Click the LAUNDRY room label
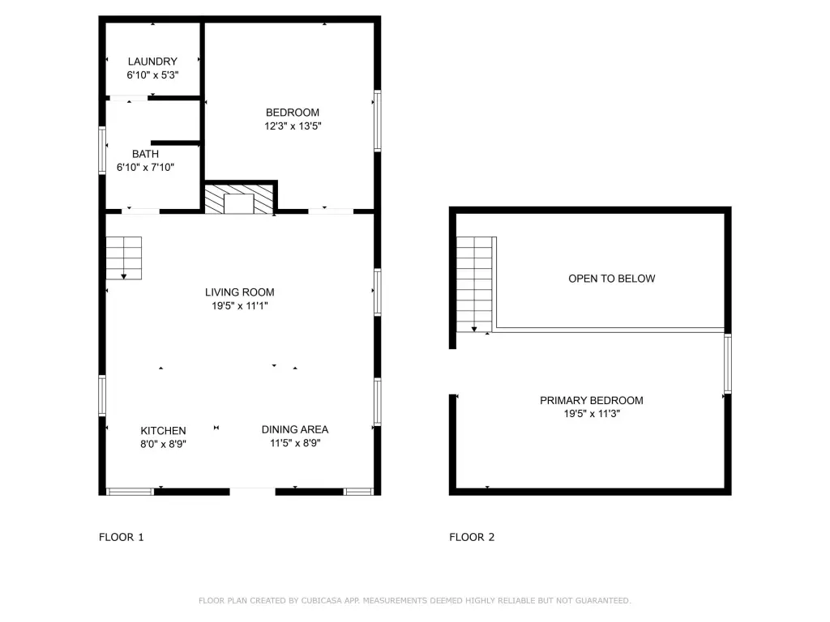coord(152,62)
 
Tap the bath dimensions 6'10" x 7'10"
coord(145,167)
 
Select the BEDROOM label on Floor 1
coord(292,112)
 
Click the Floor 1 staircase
coord(124,258)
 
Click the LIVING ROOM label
coord(240,292)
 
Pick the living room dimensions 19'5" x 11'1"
coord(240,305)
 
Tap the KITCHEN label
coord(163,431)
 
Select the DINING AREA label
coord(295,429)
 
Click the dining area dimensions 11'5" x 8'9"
coord(295,443)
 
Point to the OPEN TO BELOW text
coord(611,279)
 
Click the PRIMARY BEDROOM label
coord(591,400)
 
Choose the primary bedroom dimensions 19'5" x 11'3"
coord(591,414)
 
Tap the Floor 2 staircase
coord(474,284)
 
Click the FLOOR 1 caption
coord(122,537)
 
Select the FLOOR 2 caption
coord(472,537)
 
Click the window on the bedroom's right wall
coord(378,121)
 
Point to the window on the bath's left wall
coord(102,150)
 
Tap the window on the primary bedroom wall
coord(728,364)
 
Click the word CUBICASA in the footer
coord(321,600)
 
